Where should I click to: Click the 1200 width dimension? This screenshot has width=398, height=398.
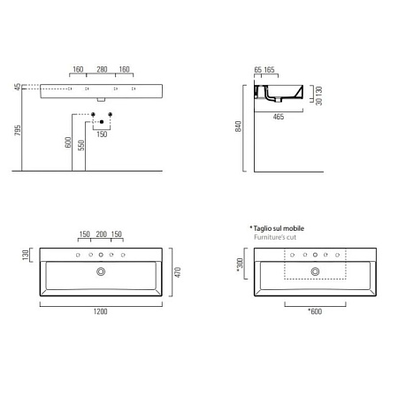(102, 312)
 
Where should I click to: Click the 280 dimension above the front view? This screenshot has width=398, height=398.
(102, 69)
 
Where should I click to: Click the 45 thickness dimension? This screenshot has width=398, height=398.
(18, 88)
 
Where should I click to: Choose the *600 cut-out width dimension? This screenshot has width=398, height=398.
(314, 312)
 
